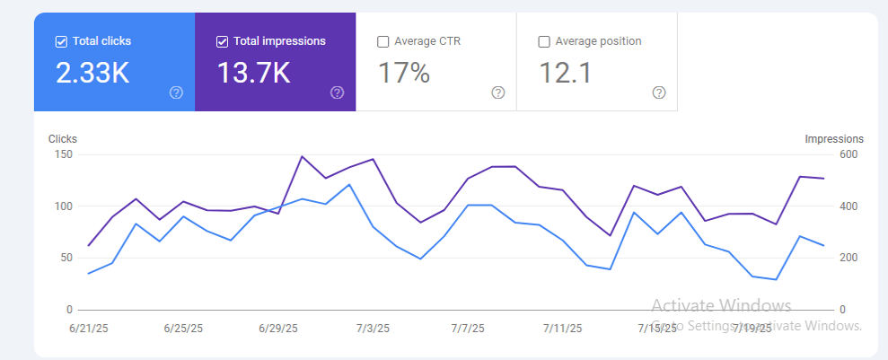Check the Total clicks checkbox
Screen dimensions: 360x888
(x=61, y=41)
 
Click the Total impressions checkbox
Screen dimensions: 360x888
(x=222, y=41)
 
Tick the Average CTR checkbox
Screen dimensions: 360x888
(x=383, y=41)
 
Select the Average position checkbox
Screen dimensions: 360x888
(x=544, y=41)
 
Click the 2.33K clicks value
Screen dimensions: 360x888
(x=92, y=73)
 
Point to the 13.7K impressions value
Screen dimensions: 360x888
(x=253, y=73)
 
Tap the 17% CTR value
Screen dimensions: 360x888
(x=404, y=73)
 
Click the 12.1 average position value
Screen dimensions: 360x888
(x=566, y=73)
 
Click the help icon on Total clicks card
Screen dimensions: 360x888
(x=176, y=92)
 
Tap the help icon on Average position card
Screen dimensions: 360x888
(x=659, y=92)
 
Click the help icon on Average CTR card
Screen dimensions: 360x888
(x=498, y=92)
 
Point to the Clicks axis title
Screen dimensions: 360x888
(x=63, y=139)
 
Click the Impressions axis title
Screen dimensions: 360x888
(x=834, y=139)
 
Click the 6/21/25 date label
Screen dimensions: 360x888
(x=88, y=329)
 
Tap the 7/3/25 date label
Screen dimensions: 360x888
(x=374, y=329)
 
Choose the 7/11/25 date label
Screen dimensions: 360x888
(x=564, y=329)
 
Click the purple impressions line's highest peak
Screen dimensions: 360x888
(x=302, y=156)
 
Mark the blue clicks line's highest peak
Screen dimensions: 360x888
(x=349, y=185)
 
